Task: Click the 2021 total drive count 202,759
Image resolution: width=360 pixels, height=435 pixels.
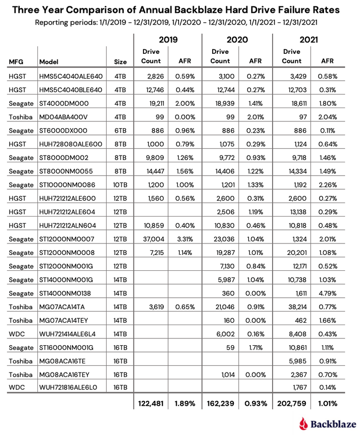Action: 291,404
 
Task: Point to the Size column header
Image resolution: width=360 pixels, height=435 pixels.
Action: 120,62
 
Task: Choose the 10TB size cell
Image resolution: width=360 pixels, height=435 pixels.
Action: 120,198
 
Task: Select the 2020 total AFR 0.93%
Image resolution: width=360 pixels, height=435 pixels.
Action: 255,404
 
